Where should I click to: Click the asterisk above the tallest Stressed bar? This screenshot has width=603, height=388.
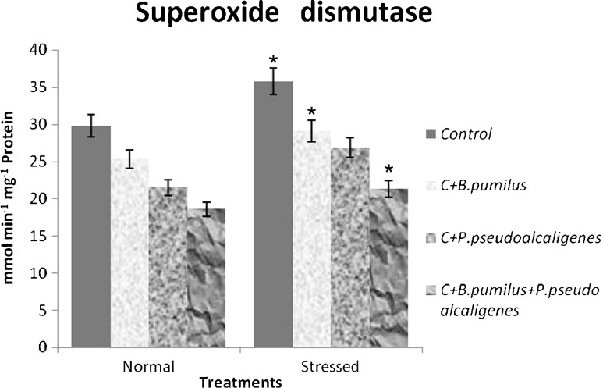(x=273, y=60)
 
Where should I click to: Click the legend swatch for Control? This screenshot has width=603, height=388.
(x=431, y=134)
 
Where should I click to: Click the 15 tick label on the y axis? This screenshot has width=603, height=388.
(x=38, y=236)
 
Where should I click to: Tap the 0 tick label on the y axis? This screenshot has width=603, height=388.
(x=42, y=347)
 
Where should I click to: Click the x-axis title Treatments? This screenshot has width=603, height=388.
(x=239, y=381)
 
